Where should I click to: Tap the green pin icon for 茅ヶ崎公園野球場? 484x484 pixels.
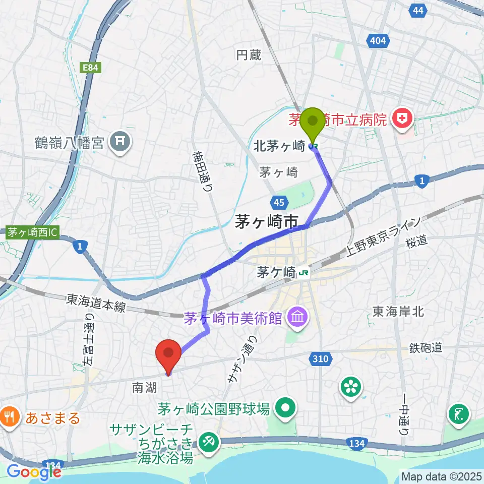click(x=286, y=408)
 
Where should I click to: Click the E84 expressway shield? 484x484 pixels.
click(x=93, y=67)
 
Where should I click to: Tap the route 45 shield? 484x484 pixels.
click(x=279, y=203)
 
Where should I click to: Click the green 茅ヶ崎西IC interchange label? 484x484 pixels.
click(x=33, y=232)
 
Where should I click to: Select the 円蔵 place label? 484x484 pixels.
click(x=249, y=55)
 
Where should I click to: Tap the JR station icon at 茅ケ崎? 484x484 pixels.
click(x=304, y=273)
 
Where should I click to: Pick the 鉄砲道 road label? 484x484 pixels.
click(x=426, y=347)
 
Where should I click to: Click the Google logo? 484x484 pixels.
click(x=34, y=471)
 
